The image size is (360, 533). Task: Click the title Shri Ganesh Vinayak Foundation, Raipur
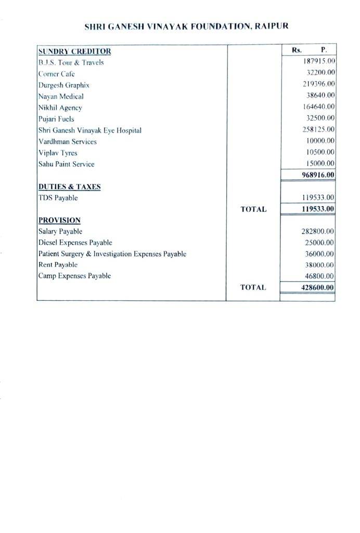click(186, 26)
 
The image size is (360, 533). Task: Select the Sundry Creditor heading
click(74, 51)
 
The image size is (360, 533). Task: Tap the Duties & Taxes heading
click(69, 186)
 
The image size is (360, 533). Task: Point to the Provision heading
click(59, 220)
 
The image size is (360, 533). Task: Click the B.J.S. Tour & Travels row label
click(71, 62)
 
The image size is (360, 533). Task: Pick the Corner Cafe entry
click(57, 74)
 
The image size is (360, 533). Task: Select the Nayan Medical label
click(61, 96)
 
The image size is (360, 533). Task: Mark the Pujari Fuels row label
click(56, 119)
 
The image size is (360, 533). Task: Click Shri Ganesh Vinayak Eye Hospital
click(90, 130)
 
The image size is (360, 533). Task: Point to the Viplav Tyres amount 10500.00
click(320, 152)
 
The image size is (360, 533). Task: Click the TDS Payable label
click(58, 198)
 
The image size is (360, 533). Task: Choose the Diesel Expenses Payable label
click(75, 243)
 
